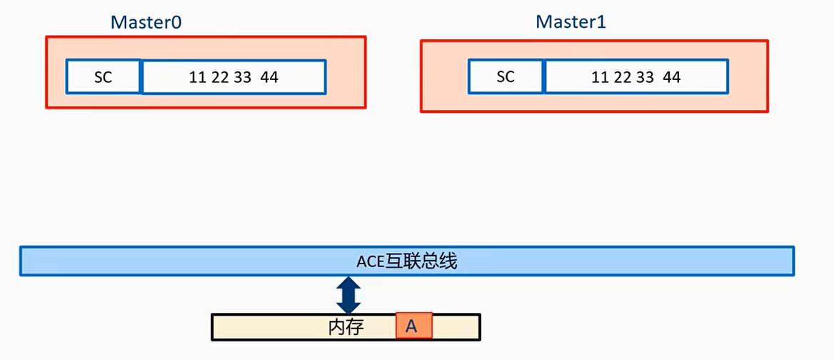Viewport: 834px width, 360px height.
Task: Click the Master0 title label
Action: (x=146, y=22)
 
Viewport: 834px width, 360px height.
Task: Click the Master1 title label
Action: (x=571, y=22)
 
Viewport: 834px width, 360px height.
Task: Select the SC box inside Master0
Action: (x=104, y=77)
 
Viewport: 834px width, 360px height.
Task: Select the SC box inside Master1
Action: (x=506, y=76)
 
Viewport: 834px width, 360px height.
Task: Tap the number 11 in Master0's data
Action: (x=198, y=77)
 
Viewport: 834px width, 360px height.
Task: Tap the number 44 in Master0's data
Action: (x=269, y=77)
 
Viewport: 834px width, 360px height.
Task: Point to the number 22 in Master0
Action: (x=220, y=77)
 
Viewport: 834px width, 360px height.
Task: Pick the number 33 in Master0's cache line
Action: (x=243, y=77)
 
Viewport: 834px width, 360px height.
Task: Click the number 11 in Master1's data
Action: (x=601, y=77)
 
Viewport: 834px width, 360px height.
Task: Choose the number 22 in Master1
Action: (x=623, y=77)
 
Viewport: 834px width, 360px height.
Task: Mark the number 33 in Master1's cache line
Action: (x=645, y=77)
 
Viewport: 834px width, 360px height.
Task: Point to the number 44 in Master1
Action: (x=672, y=77)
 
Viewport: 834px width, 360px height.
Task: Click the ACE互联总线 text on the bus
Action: (x=406, y=261)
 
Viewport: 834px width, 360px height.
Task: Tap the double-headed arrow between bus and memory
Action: (x=348, y=294)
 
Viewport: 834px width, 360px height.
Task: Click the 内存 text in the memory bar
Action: (x=346, y=327)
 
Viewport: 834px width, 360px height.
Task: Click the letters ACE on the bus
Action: (x=371, y=261)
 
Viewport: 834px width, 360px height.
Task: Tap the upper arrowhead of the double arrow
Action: (x=348, y=282)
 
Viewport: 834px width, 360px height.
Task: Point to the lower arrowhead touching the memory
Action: (x=348, y=307)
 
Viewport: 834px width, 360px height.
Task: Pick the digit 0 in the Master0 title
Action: (x=176, y=22)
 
